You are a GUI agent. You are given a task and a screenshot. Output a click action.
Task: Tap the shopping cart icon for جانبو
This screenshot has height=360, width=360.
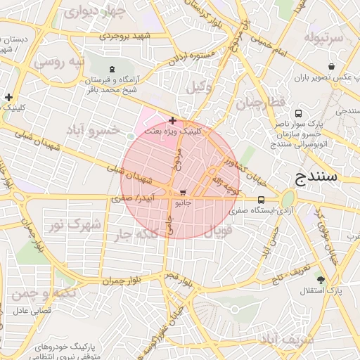coord(184,192)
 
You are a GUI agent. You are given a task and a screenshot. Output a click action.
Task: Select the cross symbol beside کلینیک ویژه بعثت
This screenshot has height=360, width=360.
coord(173,121)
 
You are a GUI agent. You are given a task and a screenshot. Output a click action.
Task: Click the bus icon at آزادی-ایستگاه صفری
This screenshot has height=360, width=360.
coord(262,199)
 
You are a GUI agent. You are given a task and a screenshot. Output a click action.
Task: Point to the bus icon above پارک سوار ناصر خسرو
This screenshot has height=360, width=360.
coord(299,113)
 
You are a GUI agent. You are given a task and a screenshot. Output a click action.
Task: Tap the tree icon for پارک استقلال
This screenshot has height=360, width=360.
coord(321,280)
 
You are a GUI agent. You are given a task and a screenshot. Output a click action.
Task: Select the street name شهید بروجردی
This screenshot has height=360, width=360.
coord(126,34)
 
